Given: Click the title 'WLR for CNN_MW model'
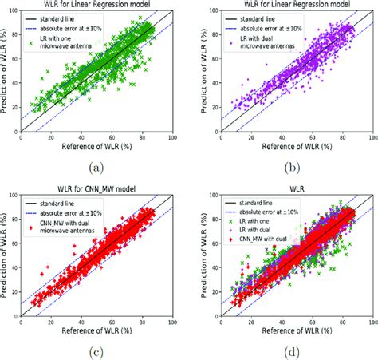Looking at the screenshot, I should tap(96, 186).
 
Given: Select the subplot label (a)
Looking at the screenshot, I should tap(96, 168).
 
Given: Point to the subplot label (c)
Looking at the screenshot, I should tap(96, 352).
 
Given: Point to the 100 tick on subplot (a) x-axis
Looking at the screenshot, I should tap(172, 139).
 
